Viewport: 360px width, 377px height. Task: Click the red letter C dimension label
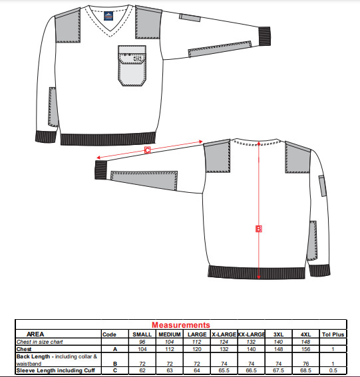click(x=147, y=150)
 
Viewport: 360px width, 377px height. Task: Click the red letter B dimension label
click(x=258, y=229)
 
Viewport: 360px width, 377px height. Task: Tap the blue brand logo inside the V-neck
click(x=108, y=16)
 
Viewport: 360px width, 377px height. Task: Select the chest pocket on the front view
click(x=132, y=66)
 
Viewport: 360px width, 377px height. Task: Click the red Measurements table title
click(x=181, y=325)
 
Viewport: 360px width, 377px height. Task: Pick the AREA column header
click(x=35, y=334)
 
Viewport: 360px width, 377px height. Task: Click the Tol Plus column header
click(x=333, y=334)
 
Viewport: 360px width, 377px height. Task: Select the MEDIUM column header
click(x=170, y=334)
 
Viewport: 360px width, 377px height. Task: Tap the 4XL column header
click(x=305, y=334)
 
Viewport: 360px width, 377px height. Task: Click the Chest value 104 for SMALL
click(x=142, y=349)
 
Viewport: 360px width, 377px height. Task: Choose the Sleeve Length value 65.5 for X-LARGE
click(x=224, y=370)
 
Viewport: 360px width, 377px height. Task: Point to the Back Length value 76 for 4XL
click(x=305, y=364)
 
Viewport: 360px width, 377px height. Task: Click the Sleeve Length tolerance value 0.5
click(x=333, y=370)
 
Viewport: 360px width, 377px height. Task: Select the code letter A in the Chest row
click(x=115, y=349)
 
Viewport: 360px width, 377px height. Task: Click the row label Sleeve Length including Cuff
click(x=56, y=370)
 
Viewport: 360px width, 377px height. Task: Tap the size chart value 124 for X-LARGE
click(x=224, y=342)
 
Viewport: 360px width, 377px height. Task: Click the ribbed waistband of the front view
click(x=108, y=139)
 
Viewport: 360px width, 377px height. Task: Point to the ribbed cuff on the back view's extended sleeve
click(x=101, y=170)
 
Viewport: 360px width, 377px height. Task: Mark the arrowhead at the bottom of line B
click(x=259, y=277)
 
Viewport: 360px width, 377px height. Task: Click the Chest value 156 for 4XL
click(x=305, y=349)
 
